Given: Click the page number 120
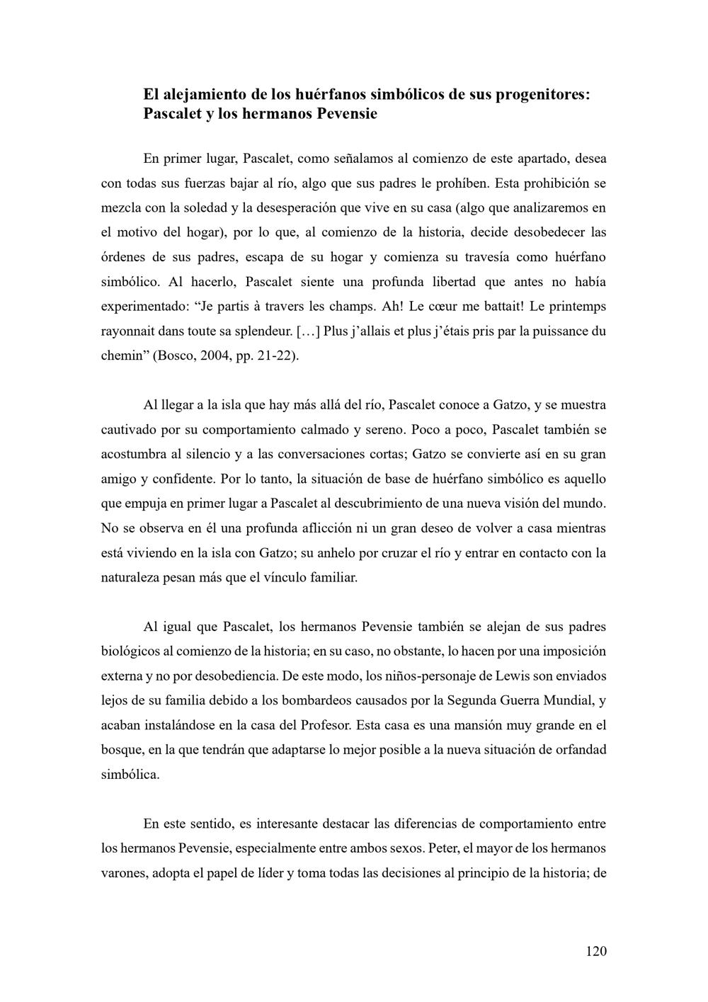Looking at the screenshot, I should (596, 951).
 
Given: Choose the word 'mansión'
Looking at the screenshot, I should (467, 725).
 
